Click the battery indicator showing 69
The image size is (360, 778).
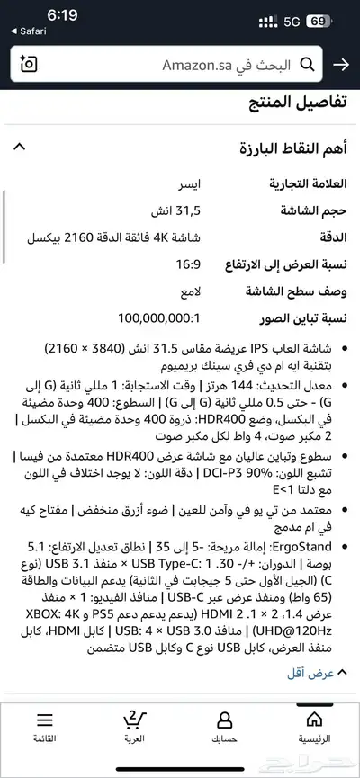317,20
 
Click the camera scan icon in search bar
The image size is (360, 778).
29,65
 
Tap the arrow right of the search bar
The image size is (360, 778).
341,65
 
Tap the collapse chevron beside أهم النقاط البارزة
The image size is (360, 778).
21,147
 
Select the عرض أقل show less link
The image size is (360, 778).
317,673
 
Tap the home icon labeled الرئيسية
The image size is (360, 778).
314,727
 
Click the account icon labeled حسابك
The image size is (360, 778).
225,727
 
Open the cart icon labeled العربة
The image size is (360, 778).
133,727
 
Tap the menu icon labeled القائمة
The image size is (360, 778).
44,727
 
